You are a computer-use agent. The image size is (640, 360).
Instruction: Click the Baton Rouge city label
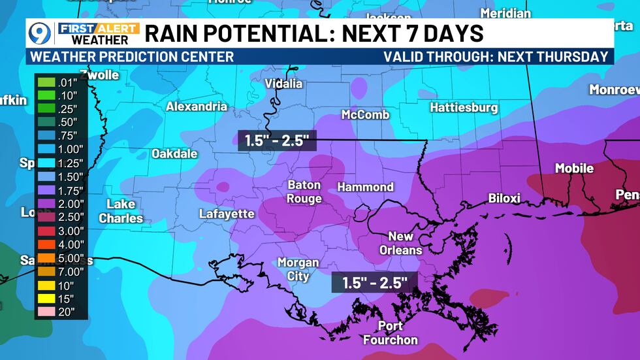click(304, 191)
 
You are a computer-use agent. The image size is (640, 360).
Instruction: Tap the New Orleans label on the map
click(401, 243)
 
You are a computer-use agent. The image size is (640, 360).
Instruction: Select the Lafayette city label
click(227, 214)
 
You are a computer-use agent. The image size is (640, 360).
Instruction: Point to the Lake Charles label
click(121, 211)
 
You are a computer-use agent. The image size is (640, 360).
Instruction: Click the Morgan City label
click(298, 269)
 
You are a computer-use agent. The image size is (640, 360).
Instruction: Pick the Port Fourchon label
click(391, 333)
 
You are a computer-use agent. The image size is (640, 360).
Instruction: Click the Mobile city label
click(574, 169)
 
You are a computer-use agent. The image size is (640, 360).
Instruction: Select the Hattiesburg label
click(464, 107)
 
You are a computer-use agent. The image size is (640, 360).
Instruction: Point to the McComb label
click(365, 115)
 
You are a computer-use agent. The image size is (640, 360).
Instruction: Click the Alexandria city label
click(197, 106)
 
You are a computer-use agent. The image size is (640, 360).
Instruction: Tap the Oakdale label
click(174, 154)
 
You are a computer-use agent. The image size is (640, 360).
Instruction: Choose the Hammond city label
click(365, 187)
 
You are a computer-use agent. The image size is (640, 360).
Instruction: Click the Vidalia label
click(283, 84)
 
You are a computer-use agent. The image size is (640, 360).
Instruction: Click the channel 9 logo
click(40, 33)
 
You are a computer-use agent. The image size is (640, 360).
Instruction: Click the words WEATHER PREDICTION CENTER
click(132, 57)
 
